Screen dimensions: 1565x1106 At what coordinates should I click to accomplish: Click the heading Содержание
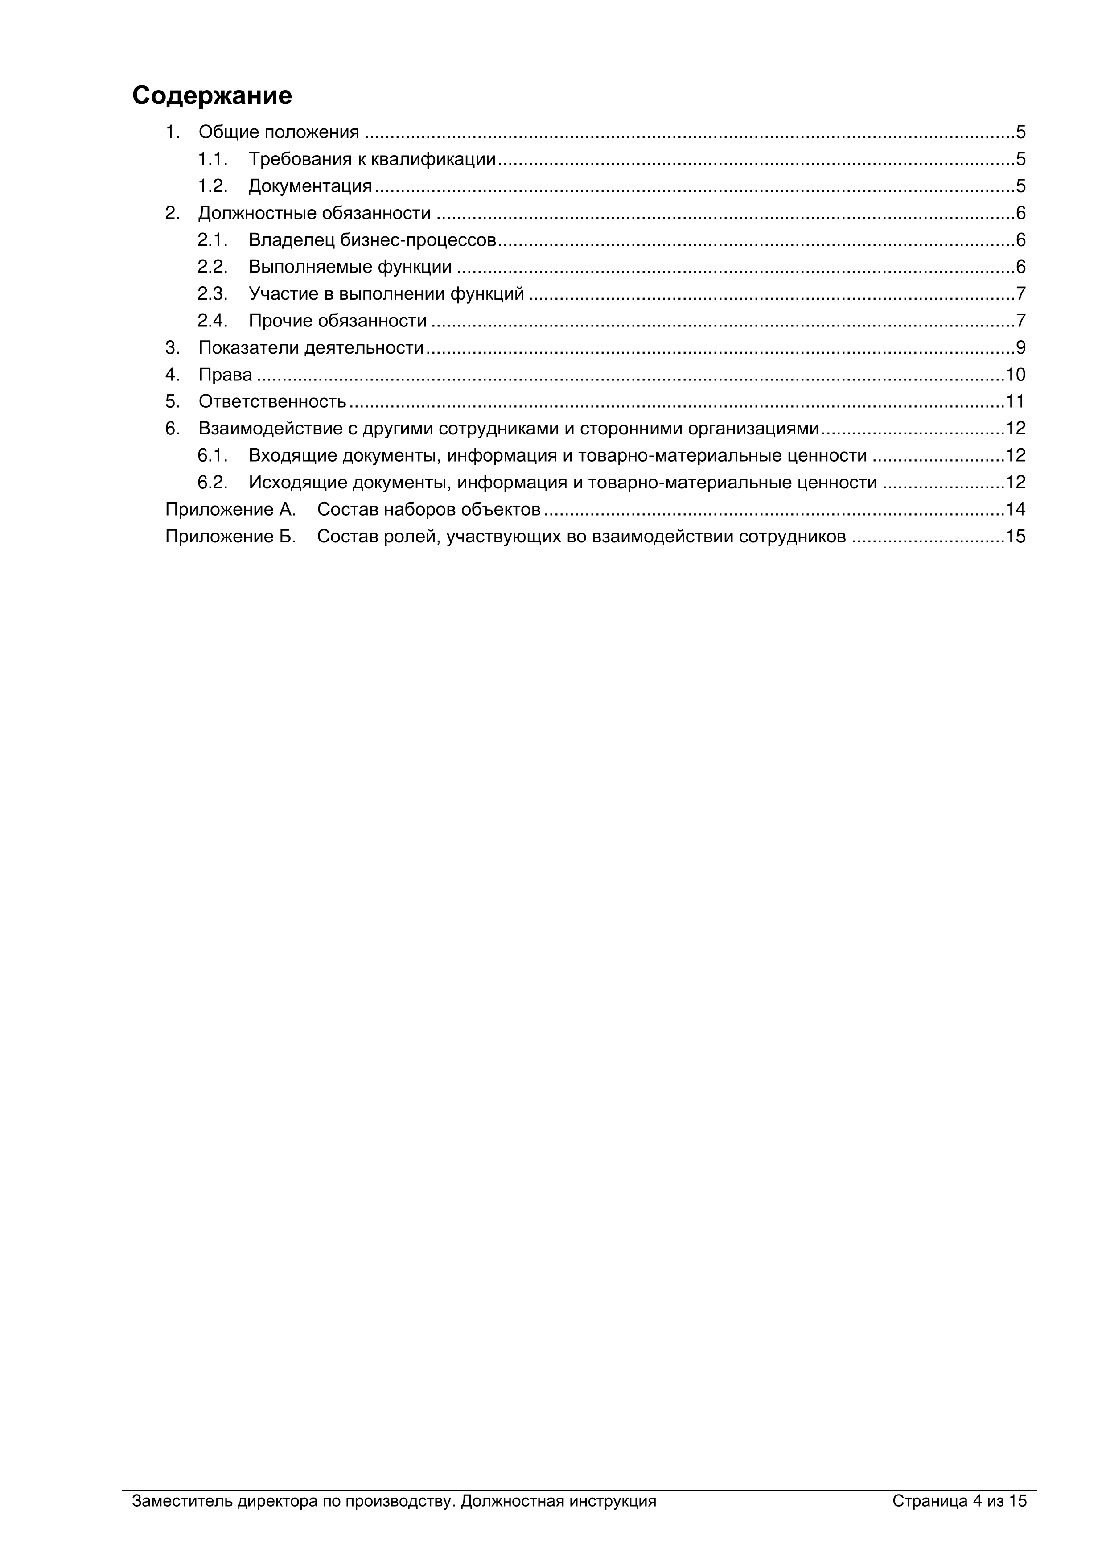(x=212, y=95)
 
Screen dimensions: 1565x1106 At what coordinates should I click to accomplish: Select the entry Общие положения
(x=278, y=132)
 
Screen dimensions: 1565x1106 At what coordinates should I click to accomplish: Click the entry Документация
(x=310, y=186)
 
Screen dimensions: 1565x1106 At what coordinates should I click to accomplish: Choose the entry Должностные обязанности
(x=314, y=213)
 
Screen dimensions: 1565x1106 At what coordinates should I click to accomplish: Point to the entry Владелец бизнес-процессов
(x=372, y=240)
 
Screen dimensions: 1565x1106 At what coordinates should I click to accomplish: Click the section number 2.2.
(x=212, y=267)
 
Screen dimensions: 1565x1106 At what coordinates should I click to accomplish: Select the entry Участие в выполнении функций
(x=386, y=294)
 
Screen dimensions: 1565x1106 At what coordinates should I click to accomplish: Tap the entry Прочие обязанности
(x=337, y=320)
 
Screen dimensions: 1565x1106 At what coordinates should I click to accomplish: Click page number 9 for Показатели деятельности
(x=1020, y=347)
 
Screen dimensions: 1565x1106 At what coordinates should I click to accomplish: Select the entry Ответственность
(x=272, y=401)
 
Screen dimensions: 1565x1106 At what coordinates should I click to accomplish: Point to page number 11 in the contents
(x=1016, y=401)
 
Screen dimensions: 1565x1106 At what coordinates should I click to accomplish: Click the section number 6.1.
(x=212, y=455)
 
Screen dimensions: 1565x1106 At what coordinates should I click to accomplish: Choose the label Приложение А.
(x=230, y=509)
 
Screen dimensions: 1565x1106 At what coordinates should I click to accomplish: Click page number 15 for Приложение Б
(x=1016, y=537)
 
